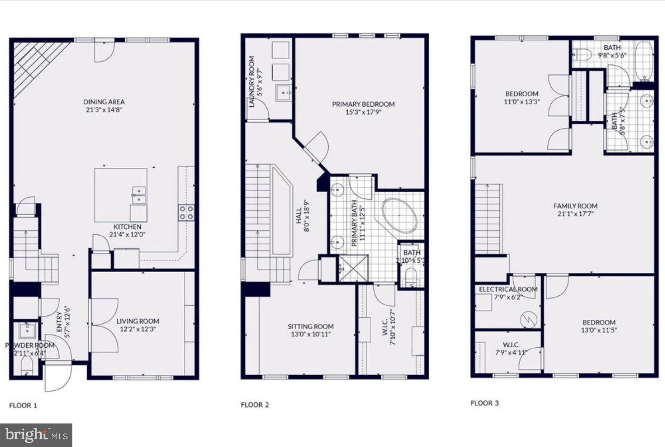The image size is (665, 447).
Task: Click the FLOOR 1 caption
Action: (23, 406)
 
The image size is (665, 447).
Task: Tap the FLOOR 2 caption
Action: (255, 405)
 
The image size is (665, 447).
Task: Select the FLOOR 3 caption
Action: (484, 403)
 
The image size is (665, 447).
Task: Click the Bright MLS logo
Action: (36, 435)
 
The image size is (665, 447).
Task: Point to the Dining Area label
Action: (104, 102)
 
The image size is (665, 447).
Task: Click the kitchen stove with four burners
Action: (186, 212)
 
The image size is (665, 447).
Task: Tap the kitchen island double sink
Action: (139, 195)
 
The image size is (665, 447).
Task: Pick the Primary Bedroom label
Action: (363, 104)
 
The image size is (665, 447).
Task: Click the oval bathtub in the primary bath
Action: (400, 216)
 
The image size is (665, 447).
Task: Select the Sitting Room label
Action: (310, 326)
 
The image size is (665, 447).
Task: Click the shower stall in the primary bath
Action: (353, 268)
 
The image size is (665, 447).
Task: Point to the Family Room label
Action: (575, 206)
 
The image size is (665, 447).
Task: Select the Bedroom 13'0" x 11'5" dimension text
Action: (599, 330)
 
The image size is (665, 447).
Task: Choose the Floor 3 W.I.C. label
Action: (511, 345)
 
